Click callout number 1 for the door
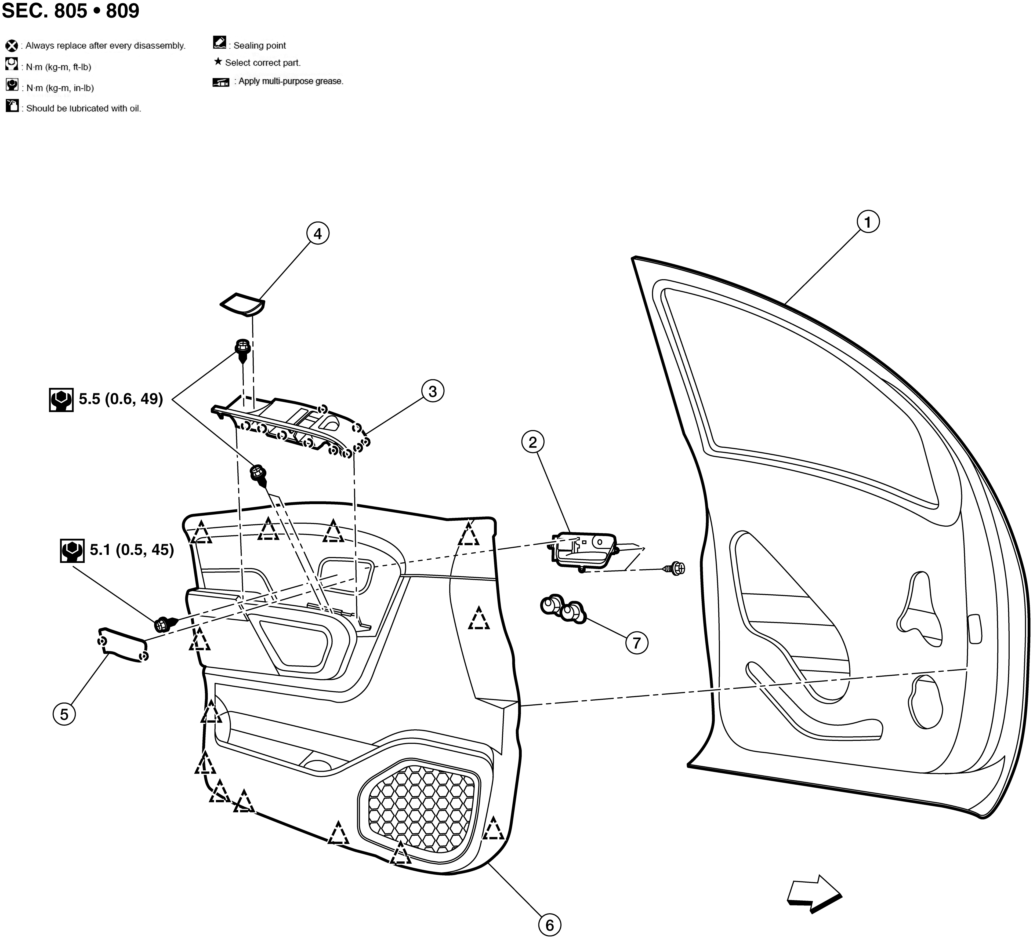coord(868,222)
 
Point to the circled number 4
coord(318,234)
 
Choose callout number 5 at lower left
coord(64,714)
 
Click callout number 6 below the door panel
coord(550,925)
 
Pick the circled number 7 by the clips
coord(637,643)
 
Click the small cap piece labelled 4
coord(242,304)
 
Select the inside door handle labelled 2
coord(583,551)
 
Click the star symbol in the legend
coord(218,62)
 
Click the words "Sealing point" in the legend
coord(260,46)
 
